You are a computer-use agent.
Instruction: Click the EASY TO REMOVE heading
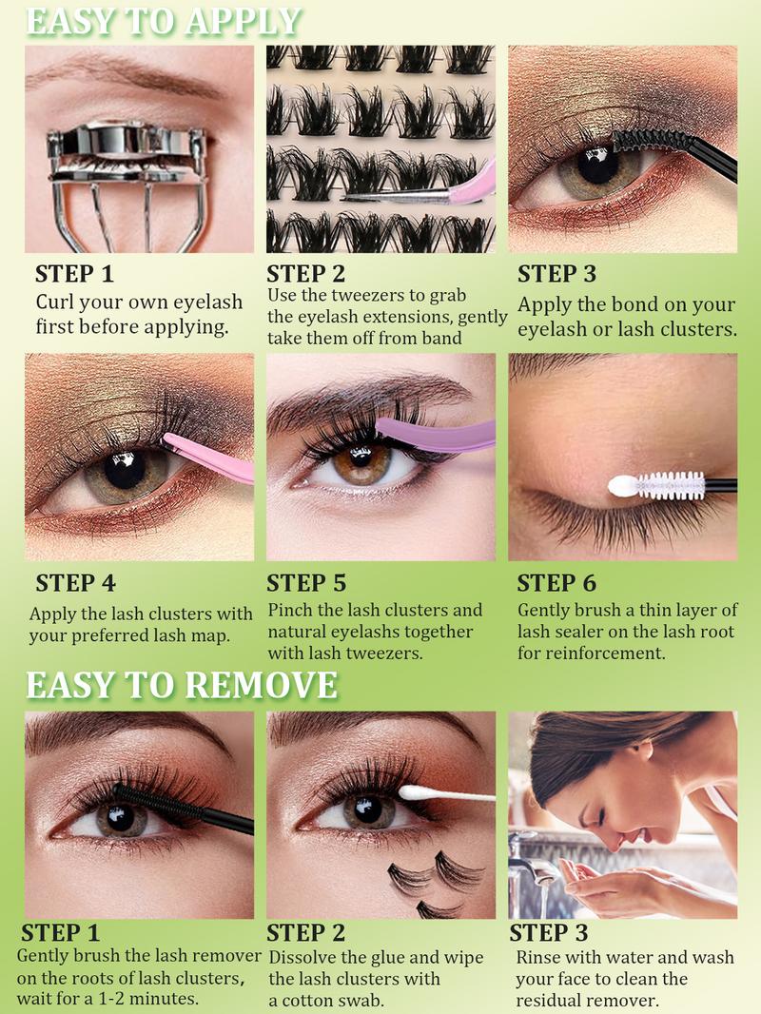tap(181, 684)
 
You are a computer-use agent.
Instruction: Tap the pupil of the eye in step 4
tap(125, 466)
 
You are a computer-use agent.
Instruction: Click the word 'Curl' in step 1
tap(56, 302)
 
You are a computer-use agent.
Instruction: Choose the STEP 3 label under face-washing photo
tap(549, 932)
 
